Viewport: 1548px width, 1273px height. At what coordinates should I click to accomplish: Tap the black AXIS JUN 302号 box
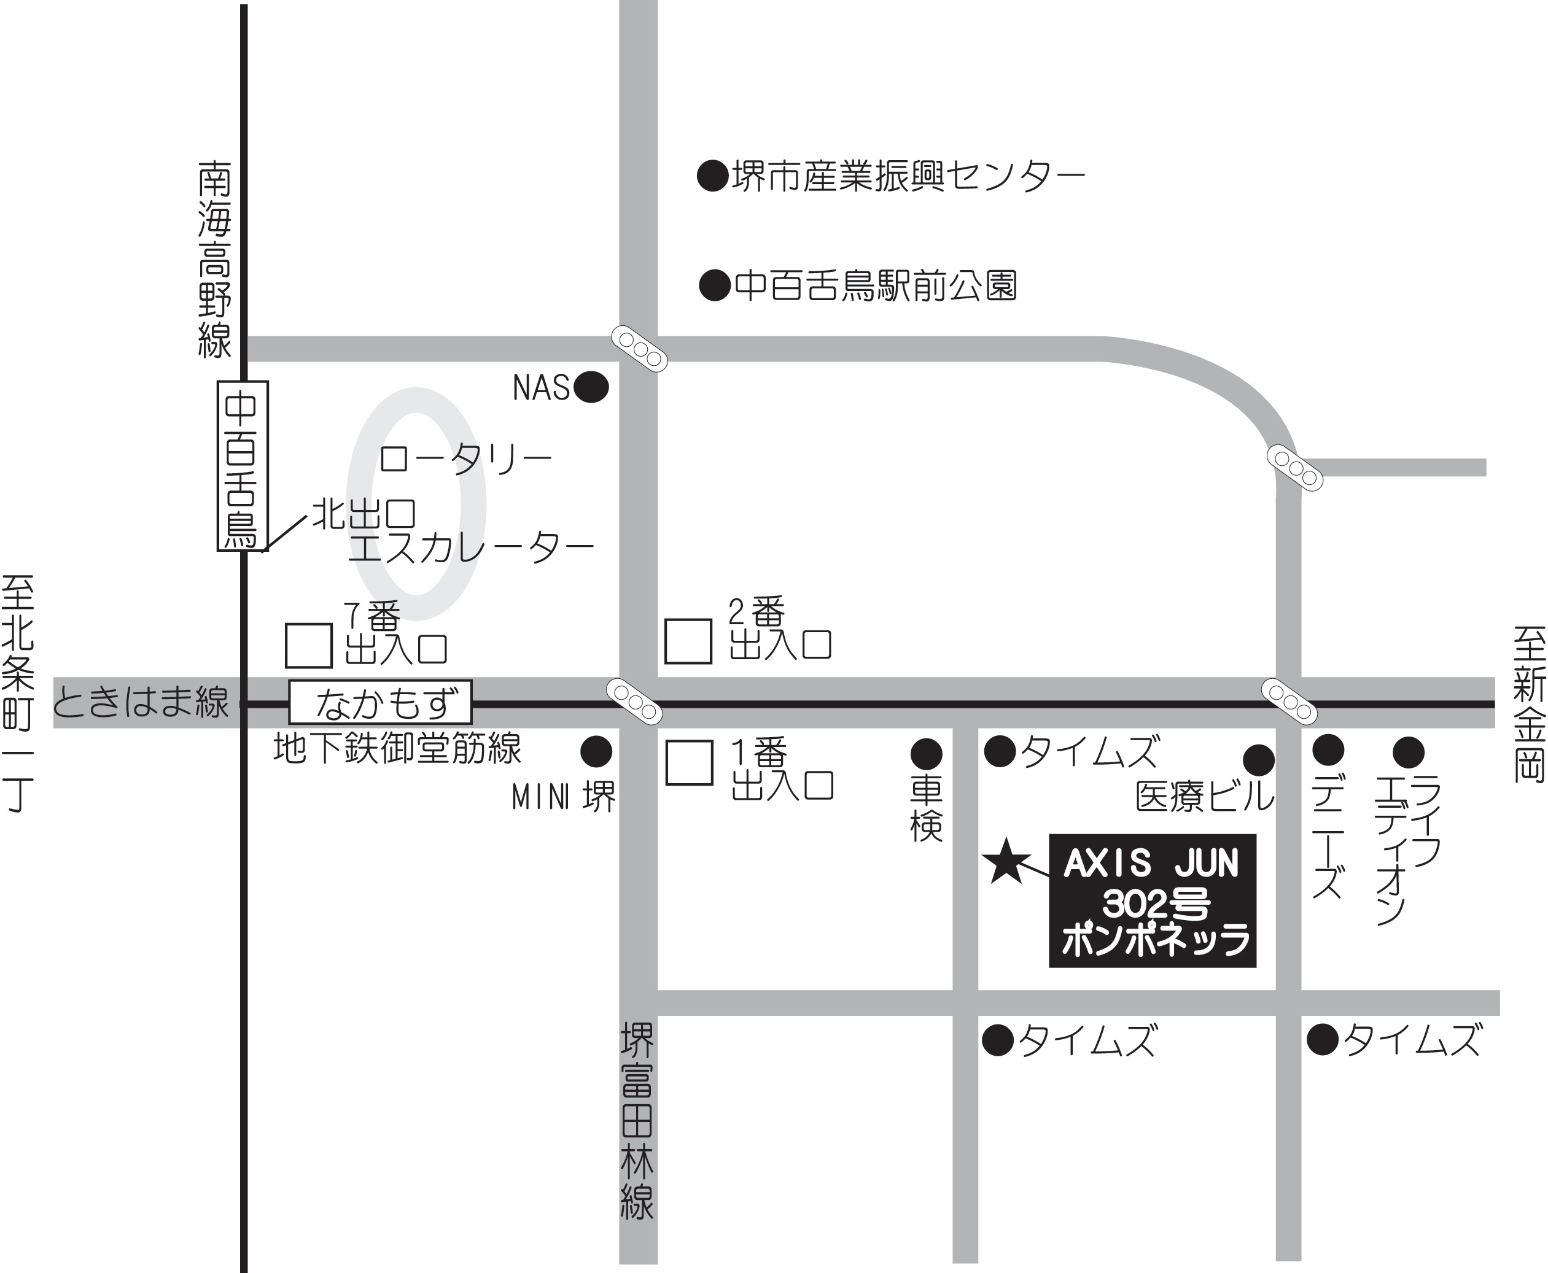coord(1152,900)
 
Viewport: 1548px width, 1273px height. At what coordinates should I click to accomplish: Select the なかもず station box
coord(380,703)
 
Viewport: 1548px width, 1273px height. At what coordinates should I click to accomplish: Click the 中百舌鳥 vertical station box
coord(242,466)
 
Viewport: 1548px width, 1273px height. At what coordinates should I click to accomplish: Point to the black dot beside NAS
coord(591,387)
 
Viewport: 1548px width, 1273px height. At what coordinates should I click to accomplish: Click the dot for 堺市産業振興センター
coord(712,176)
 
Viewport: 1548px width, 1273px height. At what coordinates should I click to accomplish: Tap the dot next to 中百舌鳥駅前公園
coord(715,286)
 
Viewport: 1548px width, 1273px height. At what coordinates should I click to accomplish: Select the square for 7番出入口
coord(308,645)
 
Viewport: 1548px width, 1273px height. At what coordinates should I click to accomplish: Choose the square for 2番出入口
coord(688,641)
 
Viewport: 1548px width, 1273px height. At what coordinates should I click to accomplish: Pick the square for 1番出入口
coord(689,762)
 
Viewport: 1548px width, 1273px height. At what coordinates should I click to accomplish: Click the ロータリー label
coord(465,459)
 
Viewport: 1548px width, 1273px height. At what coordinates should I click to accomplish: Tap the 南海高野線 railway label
coord(214,260)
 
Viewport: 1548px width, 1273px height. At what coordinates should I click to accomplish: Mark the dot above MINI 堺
coord(596,752)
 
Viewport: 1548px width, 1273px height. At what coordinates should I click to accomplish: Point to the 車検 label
coord(926,809)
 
